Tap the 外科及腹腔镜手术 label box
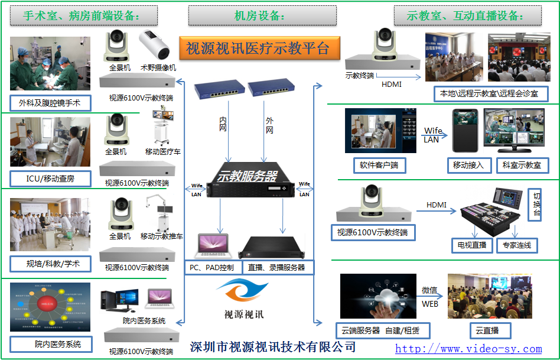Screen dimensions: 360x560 tap(51, 103)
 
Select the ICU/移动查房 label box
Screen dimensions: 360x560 tap(51, 178)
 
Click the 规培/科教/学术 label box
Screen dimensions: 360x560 tap(51, 262)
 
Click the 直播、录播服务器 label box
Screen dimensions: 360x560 tap(276, 267)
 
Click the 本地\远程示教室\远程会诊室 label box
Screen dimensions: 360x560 tap(490, 93)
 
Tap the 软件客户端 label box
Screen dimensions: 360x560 tap(379, 165)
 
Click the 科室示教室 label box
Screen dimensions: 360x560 tap(522, 165)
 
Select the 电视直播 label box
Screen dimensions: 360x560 tap(471, 245)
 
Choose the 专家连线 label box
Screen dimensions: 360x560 tap(516, 245)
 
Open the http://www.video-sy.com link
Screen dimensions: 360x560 tap(468, 349)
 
